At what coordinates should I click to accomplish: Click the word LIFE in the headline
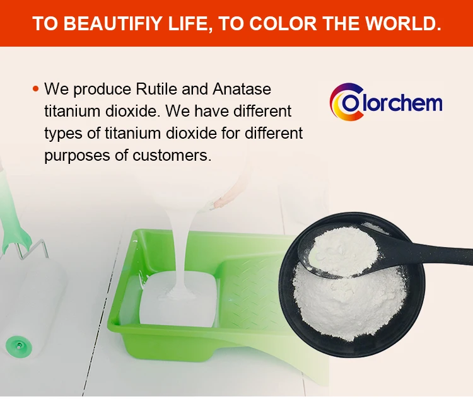185,24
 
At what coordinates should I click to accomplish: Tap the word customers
170,156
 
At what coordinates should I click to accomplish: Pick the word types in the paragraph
62,134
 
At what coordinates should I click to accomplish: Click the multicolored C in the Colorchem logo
346,102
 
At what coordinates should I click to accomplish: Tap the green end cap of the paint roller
18,344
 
